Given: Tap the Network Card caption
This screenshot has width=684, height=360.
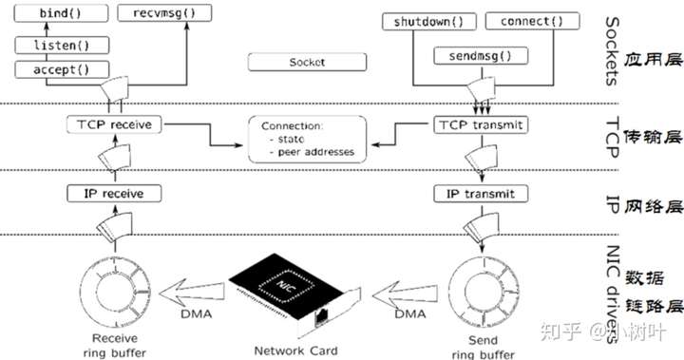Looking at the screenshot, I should [x=294, y=349].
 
